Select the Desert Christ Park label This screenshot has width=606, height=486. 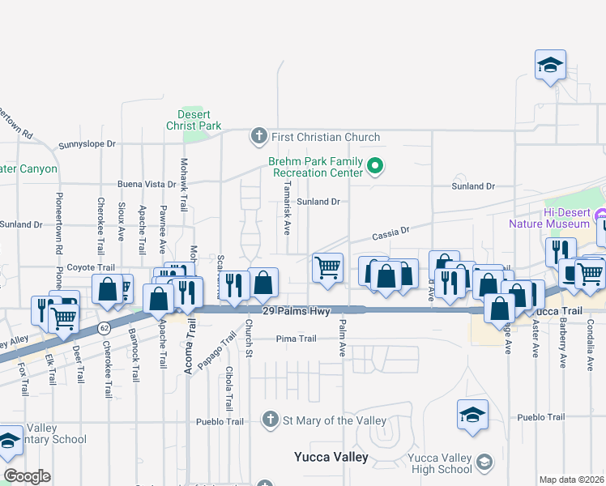click(194, 120)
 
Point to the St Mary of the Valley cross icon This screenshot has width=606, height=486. click(271, 420)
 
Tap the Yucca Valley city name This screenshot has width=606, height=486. click(331, 457)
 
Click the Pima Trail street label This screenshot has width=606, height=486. click(295, 339)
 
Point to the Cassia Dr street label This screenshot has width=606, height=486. click(391, 232)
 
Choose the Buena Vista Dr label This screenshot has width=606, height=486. click(147, 184)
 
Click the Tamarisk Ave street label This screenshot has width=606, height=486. click(287, 208)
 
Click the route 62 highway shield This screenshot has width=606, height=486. click(104, 328)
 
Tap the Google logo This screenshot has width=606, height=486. click(27, 476)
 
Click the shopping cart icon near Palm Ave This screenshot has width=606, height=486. click(327, 268)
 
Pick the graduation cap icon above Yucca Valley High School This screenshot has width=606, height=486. click(473, 415)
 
